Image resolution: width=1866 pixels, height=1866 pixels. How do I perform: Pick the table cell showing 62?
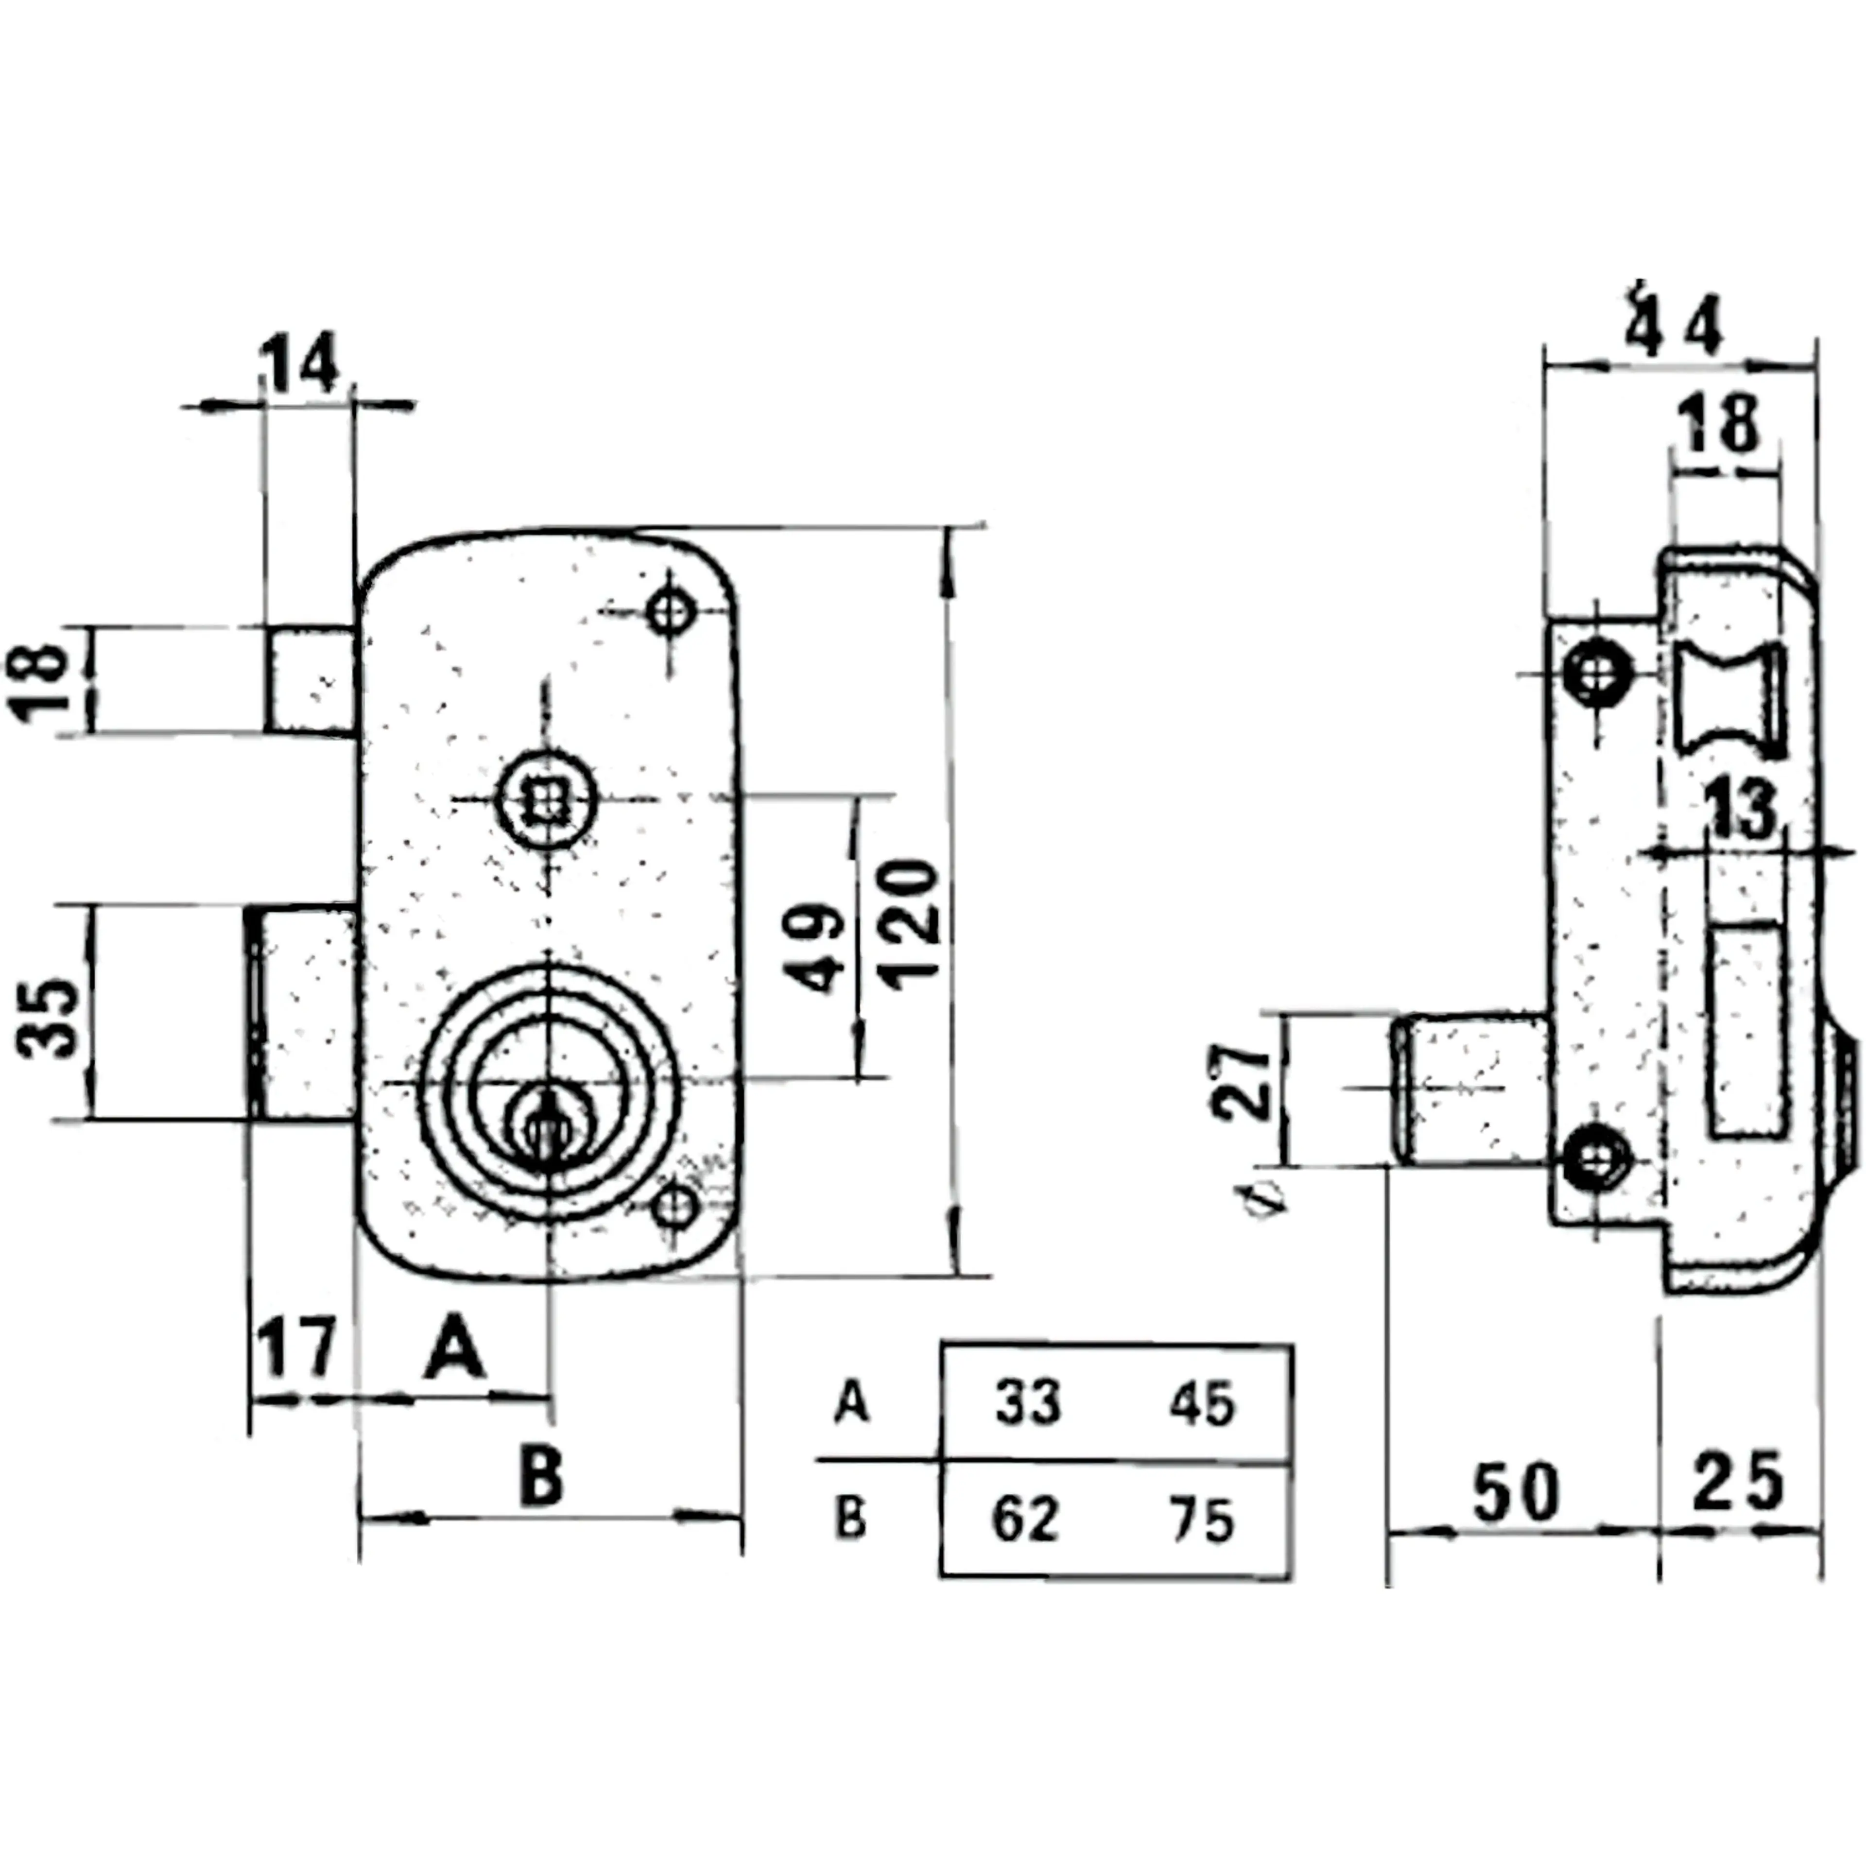pos(1026,1518)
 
